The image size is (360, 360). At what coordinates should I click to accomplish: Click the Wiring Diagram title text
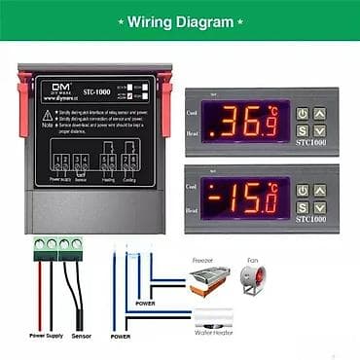point(181,20)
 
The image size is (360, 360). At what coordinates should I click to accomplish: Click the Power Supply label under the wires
point(46,336)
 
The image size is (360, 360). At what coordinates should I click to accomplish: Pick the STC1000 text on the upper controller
point(311,151)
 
